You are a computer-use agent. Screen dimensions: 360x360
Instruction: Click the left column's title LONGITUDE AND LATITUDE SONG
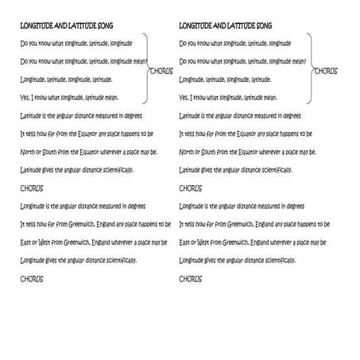pyautogui.click(x=67, y=25)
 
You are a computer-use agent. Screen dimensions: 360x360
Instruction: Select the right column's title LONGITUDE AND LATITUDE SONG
pyautogui.click(x=226, y=25)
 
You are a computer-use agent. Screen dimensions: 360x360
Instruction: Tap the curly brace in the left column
pyautogui.click(x=145, y=70)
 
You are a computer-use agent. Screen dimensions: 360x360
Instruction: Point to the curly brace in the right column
pyautogui.click(x=308, y=70)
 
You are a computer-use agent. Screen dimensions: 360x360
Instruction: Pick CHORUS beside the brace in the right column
pyautogui.click(x=325, y=71)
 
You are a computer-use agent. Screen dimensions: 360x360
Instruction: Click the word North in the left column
pyautogui.click(x=28, y=151)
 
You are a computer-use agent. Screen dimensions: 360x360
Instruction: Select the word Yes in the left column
pyautogui.click(x=25, y=98)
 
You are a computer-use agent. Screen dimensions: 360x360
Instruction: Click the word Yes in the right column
pyautogui.click(x=184, y=98)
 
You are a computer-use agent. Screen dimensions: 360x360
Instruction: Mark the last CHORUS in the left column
pyautogui.click(x=32, y=279)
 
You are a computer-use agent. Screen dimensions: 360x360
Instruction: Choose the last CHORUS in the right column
pyautogui.click(x=191, y=279)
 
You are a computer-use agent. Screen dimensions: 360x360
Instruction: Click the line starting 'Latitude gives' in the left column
pyautogui.click(x=76, y=169)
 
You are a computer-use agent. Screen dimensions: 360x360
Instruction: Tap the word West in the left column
pyautogui.click(x=46, y=242)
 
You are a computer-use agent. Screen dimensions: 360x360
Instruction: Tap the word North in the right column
pyautogui.click(x=188, y=151)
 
